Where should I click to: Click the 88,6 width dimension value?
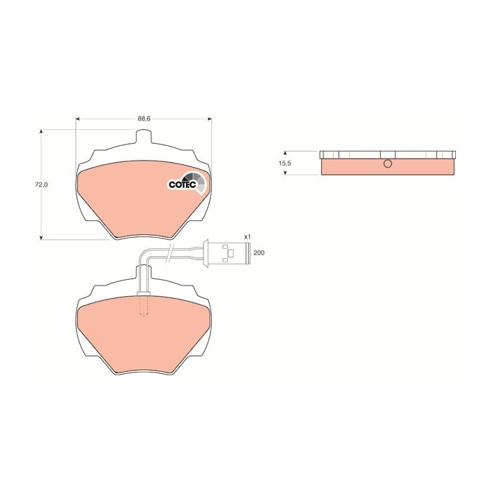coord(143,119)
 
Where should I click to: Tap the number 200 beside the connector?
coord(259,253)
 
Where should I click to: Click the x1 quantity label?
coord(247,237)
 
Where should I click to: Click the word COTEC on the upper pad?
coord(181,184)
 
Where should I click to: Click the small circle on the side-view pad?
coord(387,165)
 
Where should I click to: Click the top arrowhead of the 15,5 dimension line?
coord(285,152)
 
